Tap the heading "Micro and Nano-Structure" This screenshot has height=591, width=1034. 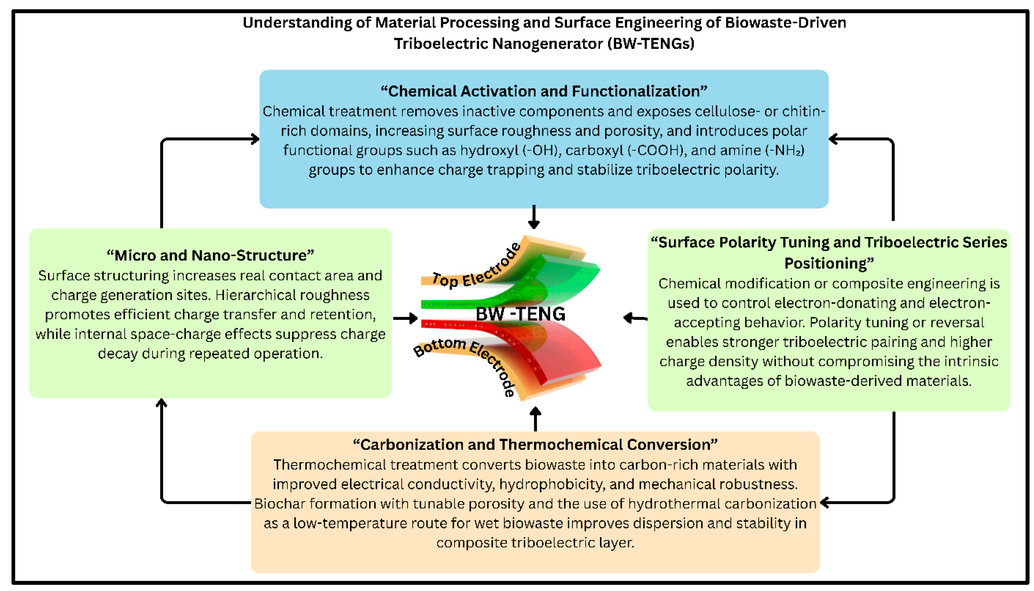211,255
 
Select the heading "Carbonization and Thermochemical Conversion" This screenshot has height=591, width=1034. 535,445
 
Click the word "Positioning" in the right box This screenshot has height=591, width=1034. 829,263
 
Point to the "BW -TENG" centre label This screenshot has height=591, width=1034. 520,314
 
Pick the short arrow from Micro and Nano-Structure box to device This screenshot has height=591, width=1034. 405,318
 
